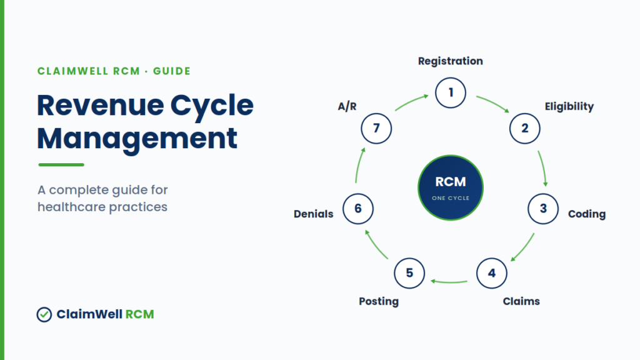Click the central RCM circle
click(451, 187)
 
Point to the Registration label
click(451, 61)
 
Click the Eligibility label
click(569, 106)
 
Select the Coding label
click(587, 214)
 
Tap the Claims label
click(521, 301)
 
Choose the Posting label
click(379, 301)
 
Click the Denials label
click(314, 214)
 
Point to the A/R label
click(347, 106)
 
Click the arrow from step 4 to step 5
click(449, 282)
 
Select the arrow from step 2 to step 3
click(543, 168)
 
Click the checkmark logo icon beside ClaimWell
click(44, 314)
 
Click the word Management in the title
click(137, 139)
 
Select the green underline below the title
click(61, 165)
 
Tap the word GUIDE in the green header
click(172, 71)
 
